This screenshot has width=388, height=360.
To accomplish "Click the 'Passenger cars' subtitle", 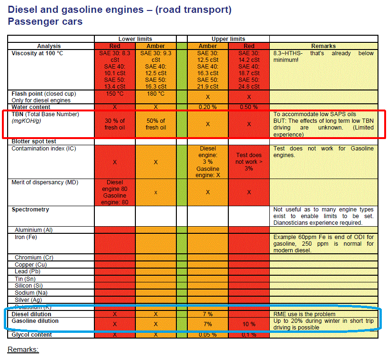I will point(45,21).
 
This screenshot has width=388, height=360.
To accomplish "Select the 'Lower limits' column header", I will point(135,39).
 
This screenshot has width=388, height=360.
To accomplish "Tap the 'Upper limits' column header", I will point(228,39).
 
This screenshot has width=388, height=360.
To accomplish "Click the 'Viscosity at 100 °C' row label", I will point(37,53).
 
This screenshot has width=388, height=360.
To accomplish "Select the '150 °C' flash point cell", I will point(115,94).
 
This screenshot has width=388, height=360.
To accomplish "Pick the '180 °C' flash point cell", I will point(156,94).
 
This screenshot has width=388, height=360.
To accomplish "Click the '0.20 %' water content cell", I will point(207,107).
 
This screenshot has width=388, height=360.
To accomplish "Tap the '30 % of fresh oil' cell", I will point(115,124).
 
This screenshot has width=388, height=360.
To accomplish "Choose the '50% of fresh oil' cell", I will point(156,124).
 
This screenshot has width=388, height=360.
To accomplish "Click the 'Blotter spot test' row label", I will point(34,141).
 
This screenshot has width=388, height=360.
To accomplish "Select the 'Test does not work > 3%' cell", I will point(249,162).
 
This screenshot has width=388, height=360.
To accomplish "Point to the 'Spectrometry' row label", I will point(30,210).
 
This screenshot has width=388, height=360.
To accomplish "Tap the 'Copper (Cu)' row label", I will point(31,264).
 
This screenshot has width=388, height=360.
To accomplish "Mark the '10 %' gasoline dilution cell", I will point(249,324).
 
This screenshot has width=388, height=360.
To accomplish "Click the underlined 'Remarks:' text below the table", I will point(23,350).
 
